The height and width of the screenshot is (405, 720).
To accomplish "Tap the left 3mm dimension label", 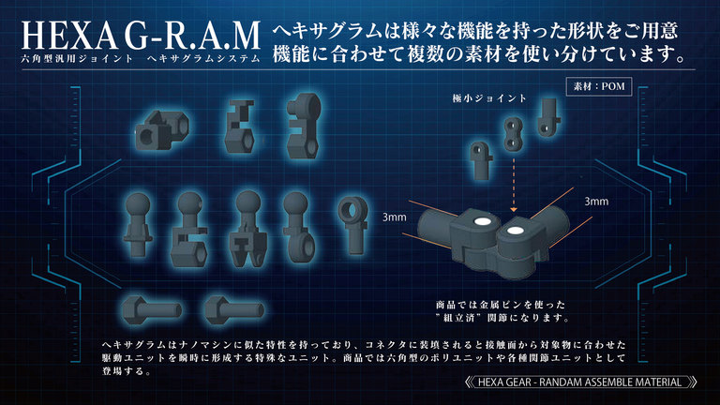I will click(x=395, y=217).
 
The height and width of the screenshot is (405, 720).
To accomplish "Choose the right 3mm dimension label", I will click(x=597, y=201).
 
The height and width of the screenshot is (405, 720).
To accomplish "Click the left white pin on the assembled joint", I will click(x=479, y=220).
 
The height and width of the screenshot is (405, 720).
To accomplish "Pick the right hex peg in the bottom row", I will click(x=229, y=307).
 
